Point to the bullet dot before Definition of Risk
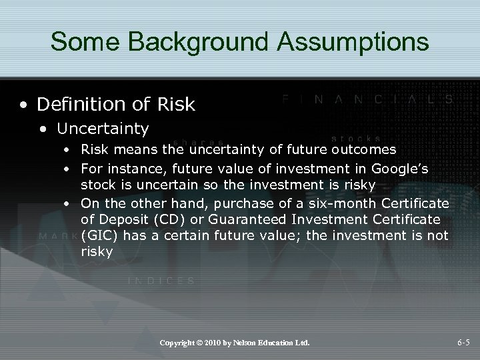25,105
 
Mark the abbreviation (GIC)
99,235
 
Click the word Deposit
119,219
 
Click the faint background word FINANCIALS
367,98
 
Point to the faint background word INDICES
161,281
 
